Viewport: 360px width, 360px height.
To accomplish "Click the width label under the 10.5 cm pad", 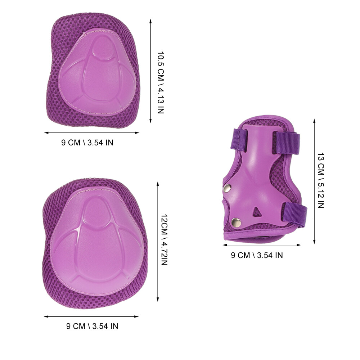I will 87,142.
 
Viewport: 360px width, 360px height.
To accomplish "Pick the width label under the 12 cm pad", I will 92,327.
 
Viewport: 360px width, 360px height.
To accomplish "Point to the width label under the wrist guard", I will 257,255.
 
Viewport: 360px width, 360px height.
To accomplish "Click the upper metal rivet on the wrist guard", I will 228,188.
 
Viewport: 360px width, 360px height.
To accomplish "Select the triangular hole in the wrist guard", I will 257,211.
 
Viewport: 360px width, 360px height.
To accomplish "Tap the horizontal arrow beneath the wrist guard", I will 262,245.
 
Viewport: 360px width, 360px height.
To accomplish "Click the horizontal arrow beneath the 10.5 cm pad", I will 91,132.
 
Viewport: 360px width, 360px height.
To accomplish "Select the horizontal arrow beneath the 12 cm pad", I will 91,317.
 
